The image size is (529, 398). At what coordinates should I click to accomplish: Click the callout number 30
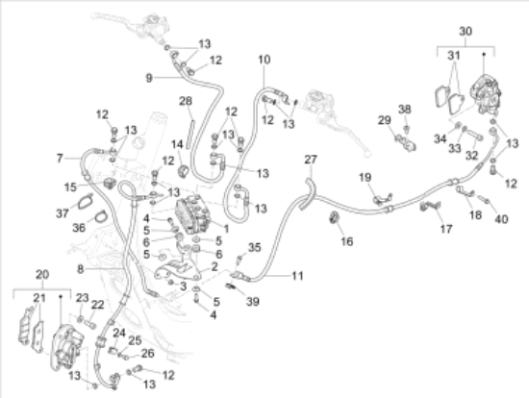point(466,32)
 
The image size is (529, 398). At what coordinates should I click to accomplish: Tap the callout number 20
point(42,275)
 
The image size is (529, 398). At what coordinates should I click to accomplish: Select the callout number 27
point(311,160)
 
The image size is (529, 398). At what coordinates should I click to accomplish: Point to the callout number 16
point(347,241)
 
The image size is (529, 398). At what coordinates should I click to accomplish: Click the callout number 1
point(226,229)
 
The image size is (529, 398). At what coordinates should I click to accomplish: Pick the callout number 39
point(253,301)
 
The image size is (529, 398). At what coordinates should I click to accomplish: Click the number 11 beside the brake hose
point(297,276)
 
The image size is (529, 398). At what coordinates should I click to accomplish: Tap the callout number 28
point(186,101)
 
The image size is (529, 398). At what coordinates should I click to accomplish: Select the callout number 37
point(63,213)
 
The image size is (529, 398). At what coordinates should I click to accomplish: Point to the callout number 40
point(501,219)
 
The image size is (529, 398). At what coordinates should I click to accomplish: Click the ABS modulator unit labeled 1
point(193,214)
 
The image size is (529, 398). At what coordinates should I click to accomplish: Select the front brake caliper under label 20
point(66,347)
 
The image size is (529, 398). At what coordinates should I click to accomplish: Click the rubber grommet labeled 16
point(334,217)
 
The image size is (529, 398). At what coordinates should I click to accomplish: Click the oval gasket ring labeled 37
point(85,202)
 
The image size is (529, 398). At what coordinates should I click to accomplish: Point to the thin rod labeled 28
point(190,135)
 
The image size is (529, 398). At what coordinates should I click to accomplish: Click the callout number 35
point(255,247)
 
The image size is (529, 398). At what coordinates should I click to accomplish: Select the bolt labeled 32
point(475,135)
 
